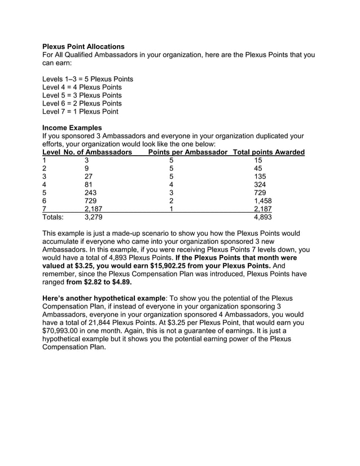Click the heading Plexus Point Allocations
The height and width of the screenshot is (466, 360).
pyautogui.click(x=84, y=46)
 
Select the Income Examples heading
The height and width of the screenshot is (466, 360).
pyautogui.click(x=72, y=128)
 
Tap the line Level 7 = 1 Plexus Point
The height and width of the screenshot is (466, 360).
pyautogui.click(x=81, y=112)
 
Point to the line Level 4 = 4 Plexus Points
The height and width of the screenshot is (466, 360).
pyautogui.click(x=82, y=87)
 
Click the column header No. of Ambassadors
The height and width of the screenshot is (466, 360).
pyautogui.click(x=98, y=152)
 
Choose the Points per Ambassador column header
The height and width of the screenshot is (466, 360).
pyautogui.click(x=188, y=152)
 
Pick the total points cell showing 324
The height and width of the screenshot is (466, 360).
pyautogui.click(x=261, y=184)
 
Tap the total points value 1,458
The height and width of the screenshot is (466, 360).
pyautogui.click(x=263, y=200)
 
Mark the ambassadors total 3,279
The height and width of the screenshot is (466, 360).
pyautogui.click(x=94, y=216)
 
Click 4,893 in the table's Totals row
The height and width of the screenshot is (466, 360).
pyautogui.click(x=263, y=216)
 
